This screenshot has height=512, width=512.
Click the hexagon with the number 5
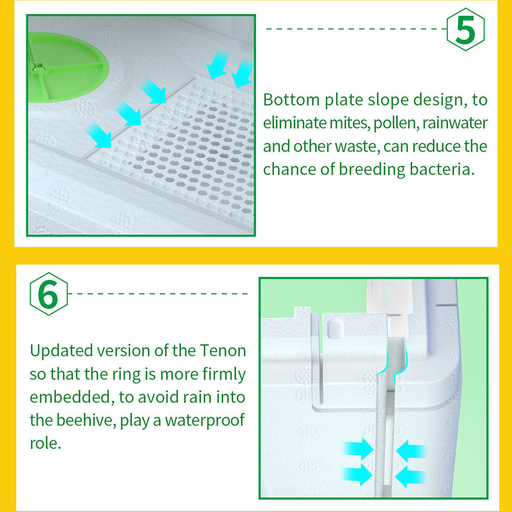click(465, 30)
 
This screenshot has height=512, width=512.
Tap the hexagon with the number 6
click(49, 294)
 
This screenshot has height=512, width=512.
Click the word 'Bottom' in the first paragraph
click(291, 100)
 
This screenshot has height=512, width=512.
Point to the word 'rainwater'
click(455, 123)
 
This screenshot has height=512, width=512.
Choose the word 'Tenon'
click(223, 351)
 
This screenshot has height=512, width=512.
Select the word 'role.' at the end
click(46, 443)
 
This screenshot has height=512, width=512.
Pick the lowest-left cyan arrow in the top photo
click(99, 136)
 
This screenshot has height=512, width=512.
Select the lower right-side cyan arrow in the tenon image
click(411, 476)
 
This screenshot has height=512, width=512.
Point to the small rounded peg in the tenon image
click(335, 329)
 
